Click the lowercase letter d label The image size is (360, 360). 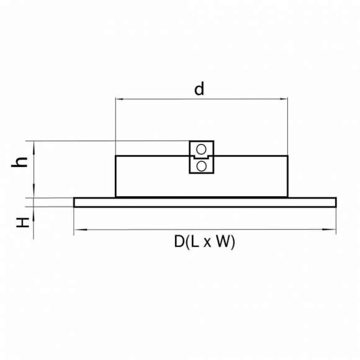tap(199, 89)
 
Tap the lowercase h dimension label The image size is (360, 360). tap(22, 162)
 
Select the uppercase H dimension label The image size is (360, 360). tap(23, 221)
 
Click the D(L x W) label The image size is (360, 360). tap(204, 242)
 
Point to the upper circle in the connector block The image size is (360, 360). tap(201, 149)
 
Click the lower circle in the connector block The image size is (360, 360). tap(201, 166)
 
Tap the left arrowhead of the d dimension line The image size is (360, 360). tap(118, 98)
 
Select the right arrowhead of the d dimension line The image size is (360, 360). tap(286, 98)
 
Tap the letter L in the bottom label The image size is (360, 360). tap(195, 242)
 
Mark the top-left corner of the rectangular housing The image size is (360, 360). tap(116, 156)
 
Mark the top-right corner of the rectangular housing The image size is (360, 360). tap(288, 156)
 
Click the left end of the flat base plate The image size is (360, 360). tap(74, 202)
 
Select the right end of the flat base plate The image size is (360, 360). tap(336, 202)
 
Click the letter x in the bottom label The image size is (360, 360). tap(209, 243)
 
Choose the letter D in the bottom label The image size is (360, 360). tap(179, 242)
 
